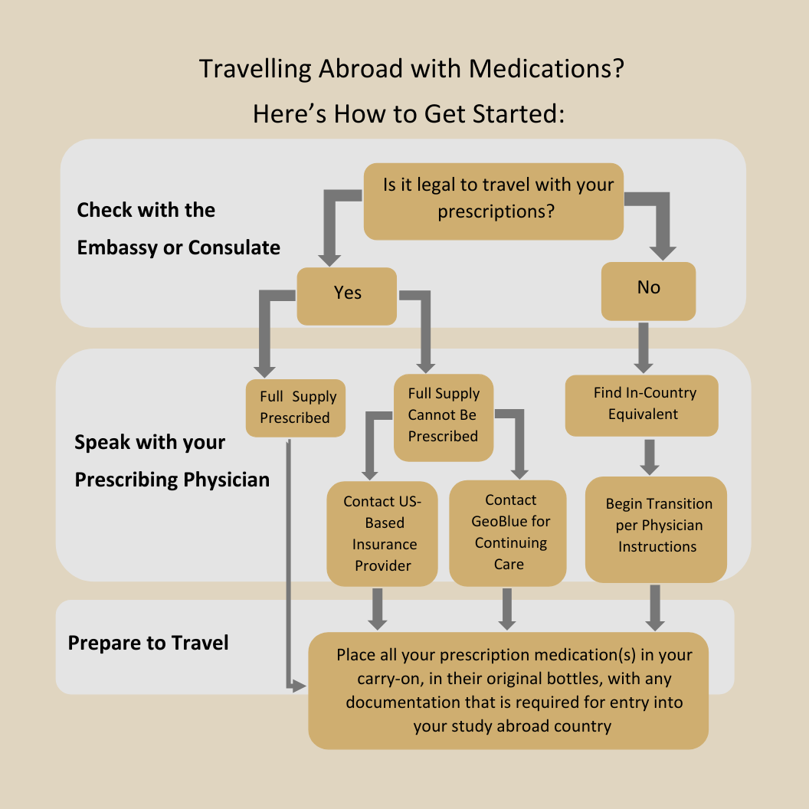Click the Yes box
[347, 295]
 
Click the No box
[648, 290]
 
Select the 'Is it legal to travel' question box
[493, 200]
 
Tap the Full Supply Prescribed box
[296, 408]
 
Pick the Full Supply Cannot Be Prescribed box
[444, 416]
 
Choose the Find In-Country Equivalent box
[642, 404]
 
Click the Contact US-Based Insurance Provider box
[382, 533]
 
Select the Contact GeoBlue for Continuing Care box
[508, 533]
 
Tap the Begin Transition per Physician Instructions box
[656, 529]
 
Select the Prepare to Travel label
[149, 642]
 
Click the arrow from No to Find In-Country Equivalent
[644, 346]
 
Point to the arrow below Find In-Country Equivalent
[650, 457]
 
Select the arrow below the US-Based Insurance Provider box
[377, 607]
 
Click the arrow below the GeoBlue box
[507, 607]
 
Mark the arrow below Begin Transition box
[655, 607]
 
